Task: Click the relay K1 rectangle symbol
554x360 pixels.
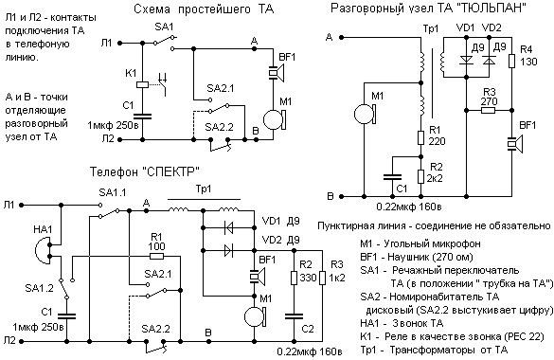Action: (x=142, y=84)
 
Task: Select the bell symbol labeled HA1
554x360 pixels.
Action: (x=42, y=250)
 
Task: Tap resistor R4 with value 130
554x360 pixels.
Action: (x=511, y=62)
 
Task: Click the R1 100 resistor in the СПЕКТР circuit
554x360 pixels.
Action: (x=156, y=256)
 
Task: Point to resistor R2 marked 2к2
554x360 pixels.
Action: (x=420, y=176)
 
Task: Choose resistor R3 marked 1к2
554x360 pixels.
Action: (x=322, y=278)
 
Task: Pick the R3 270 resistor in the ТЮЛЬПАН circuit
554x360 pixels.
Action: (x=489, y=111)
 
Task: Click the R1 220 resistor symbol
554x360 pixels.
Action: (x=420, y=137)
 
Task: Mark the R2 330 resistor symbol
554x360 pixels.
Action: (x=294, y=278)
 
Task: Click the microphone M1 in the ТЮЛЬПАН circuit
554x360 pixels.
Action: (x=365, y=114)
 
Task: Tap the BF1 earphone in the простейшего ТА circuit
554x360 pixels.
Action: (x=277, y=73)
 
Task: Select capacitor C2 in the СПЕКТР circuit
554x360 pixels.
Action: (x=294, y=315)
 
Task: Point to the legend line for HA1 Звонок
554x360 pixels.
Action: (x=402, y=323)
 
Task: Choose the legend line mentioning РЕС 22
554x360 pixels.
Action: (x=452, y=336)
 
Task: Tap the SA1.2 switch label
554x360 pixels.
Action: (x=39, y=288)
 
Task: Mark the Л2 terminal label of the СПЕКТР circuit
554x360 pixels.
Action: (x=9, y=340)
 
